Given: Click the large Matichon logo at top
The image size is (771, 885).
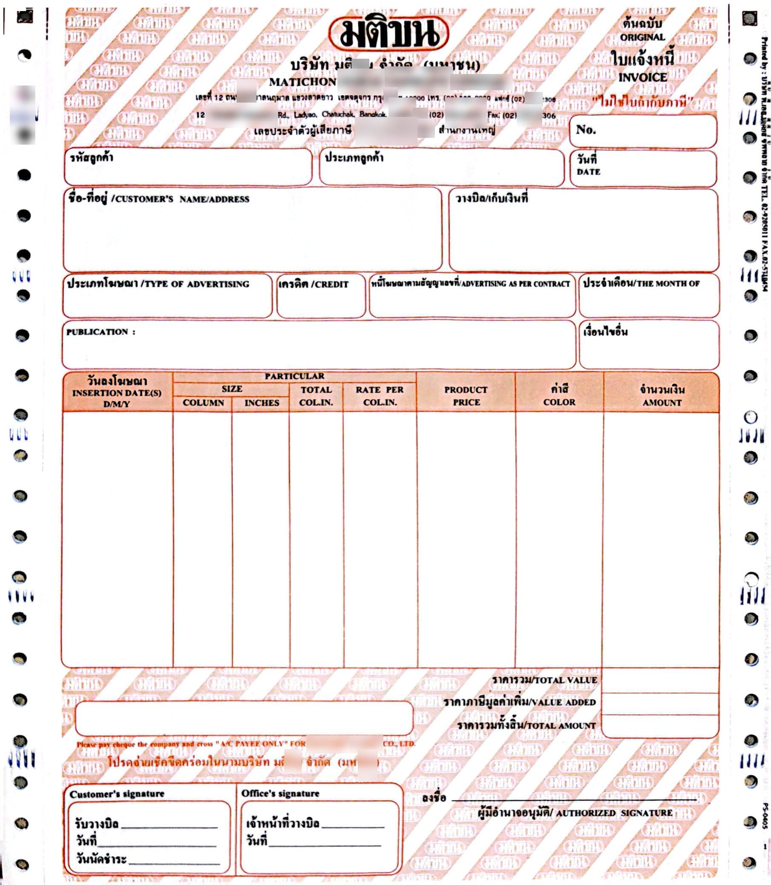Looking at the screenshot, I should (x=388, y=34).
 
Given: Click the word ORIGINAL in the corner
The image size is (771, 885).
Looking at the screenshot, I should (x=642, y=37).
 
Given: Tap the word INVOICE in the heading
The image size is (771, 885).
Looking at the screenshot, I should (x=642, y=77).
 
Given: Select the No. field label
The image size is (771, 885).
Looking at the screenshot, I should (x=585, y=129).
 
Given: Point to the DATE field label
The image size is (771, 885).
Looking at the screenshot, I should (x=588, y=171).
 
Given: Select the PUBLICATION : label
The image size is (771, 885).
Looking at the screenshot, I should (x=101, y=332).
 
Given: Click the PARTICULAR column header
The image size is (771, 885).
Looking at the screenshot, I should (x=294, y=376).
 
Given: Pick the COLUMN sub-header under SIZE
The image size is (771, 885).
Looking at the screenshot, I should (x=203, y=403).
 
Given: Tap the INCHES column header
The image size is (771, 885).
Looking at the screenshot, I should (x=262, y=403).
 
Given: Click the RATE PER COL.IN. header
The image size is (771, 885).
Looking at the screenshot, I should (x=380, y=396).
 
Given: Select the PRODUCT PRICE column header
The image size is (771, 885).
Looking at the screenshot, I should (x=466, y=396).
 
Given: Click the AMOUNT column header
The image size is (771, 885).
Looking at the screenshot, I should (x=662, y=403).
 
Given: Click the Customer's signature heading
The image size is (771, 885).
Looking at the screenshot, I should (x=117, y=794).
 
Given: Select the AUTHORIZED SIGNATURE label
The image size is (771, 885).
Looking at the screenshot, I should (x=614, y=813).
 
